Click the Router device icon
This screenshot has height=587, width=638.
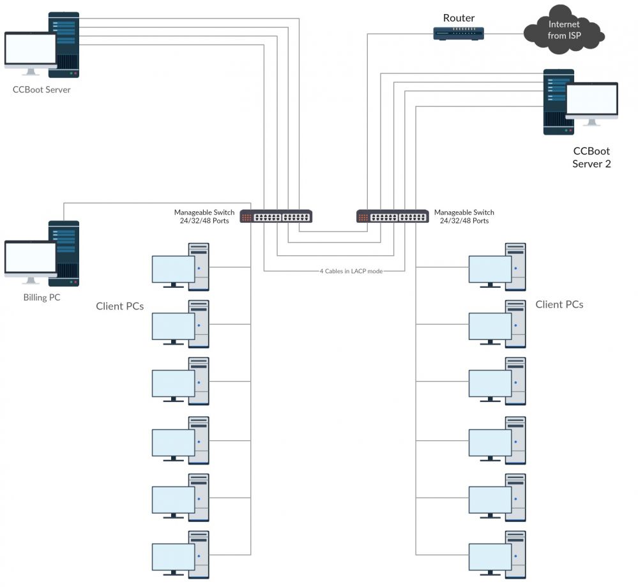(x=459, y=33)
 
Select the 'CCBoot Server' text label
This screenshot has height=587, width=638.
(x=42, y=90)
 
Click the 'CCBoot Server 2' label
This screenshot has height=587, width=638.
(x=591, y=158)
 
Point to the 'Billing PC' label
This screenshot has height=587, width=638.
(x=42, y=297)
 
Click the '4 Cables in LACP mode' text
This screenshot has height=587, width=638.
(x=351, y=271)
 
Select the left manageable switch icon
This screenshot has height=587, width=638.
(x=276, y=216)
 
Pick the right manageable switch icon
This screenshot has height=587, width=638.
(x=392, y=216)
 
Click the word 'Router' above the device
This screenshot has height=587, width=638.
(x=459, y=18)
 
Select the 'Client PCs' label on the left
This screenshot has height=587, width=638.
(x=119, y=306)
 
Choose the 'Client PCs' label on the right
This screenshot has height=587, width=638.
(x=559, y=304)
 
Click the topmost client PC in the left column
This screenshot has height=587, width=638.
(x=180, y=266)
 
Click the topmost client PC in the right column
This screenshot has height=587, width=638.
(x=497, y=266)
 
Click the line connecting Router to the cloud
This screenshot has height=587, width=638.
(x=504, y=33)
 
